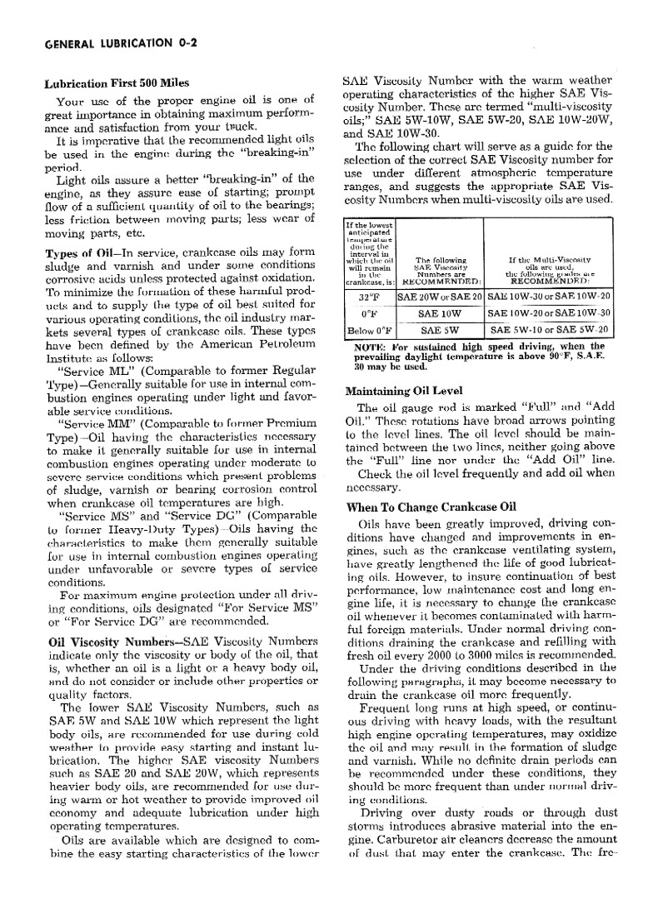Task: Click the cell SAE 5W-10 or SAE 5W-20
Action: [549, 330]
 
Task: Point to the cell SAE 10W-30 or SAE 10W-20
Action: [549, 296]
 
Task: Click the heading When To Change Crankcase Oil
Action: [431, 507]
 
